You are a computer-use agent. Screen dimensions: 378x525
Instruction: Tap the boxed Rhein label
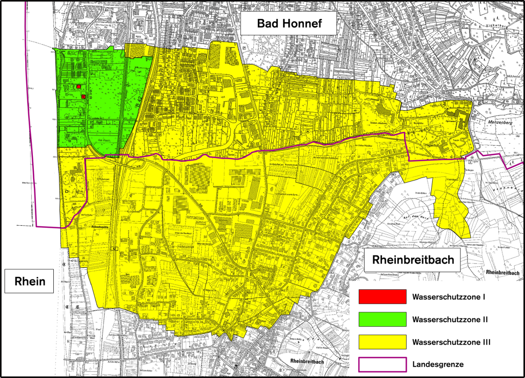click(30, 281)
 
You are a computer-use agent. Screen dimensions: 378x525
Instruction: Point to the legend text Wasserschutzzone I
click(449, 296)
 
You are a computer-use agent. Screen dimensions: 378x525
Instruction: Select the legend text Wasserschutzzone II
click(450, 319)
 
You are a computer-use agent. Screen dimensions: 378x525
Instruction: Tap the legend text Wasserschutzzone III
click(451, 341)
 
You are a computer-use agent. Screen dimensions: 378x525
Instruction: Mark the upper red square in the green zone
click(79, 87)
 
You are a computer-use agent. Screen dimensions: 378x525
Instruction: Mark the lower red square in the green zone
click(83, 96)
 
